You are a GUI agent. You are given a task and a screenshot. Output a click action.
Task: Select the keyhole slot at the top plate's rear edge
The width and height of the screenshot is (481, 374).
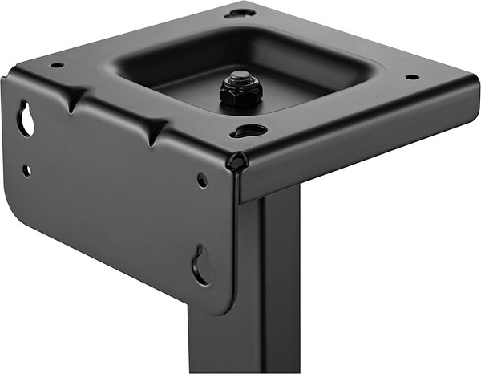pos(240,13)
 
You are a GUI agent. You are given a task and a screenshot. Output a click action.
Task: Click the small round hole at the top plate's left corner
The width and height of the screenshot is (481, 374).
pos(57,65)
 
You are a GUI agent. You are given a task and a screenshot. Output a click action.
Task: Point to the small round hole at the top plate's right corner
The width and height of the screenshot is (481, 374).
pos(411,77)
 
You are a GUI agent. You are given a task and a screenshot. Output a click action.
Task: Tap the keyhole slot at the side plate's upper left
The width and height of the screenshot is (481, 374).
pos(26,120)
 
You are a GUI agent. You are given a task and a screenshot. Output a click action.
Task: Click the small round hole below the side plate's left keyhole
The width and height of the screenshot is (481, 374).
pos(26,170)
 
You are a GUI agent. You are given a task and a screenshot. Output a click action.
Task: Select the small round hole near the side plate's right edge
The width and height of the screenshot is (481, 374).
pos(202,181)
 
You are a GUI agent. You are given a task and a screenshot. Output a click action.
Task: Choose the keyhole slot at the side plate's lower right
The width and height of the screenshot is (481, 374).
pos(201,266)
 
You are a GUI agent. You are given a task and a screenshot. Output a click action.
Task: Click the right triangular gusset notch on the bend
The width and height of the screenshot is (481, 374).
pos(154,131)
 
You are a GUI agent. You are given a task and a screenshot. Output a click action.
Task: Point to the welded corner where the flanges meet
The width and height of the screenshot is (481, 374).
pos(238,161)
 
